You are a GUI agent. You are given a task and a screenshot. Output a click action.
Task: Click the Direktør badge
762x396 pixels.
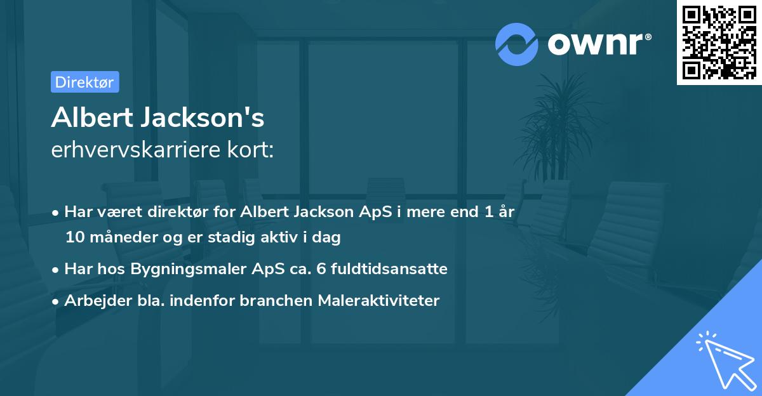tap(84, 82)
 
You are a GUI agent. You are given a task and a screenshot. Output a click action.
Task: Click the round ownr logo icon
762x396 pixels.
tap(517, 44)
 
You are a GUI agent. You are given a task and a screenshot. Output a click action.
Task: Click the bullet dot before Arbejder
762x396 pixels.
tap(57, 301)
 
